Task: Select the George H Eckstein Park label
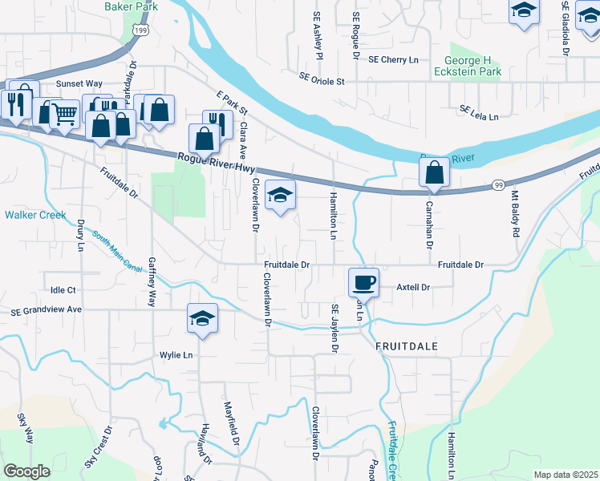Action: coord(479,67)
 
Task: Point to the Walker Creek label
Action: coord(34,215)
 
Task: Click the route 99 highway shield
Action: coord(497,185)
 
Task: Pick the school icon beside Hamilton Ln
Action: coord(281,195)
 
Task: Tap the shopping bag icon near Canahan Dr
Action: coord(434,172)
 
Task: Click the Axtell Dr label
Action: coord(414,287)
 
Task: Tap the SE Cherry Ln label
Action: coord(393,59)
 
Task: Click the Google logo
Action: coord(26,471)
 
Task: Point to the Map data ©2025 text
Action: coord(565,475)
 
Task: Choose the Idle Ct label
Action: coord(63,289)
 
